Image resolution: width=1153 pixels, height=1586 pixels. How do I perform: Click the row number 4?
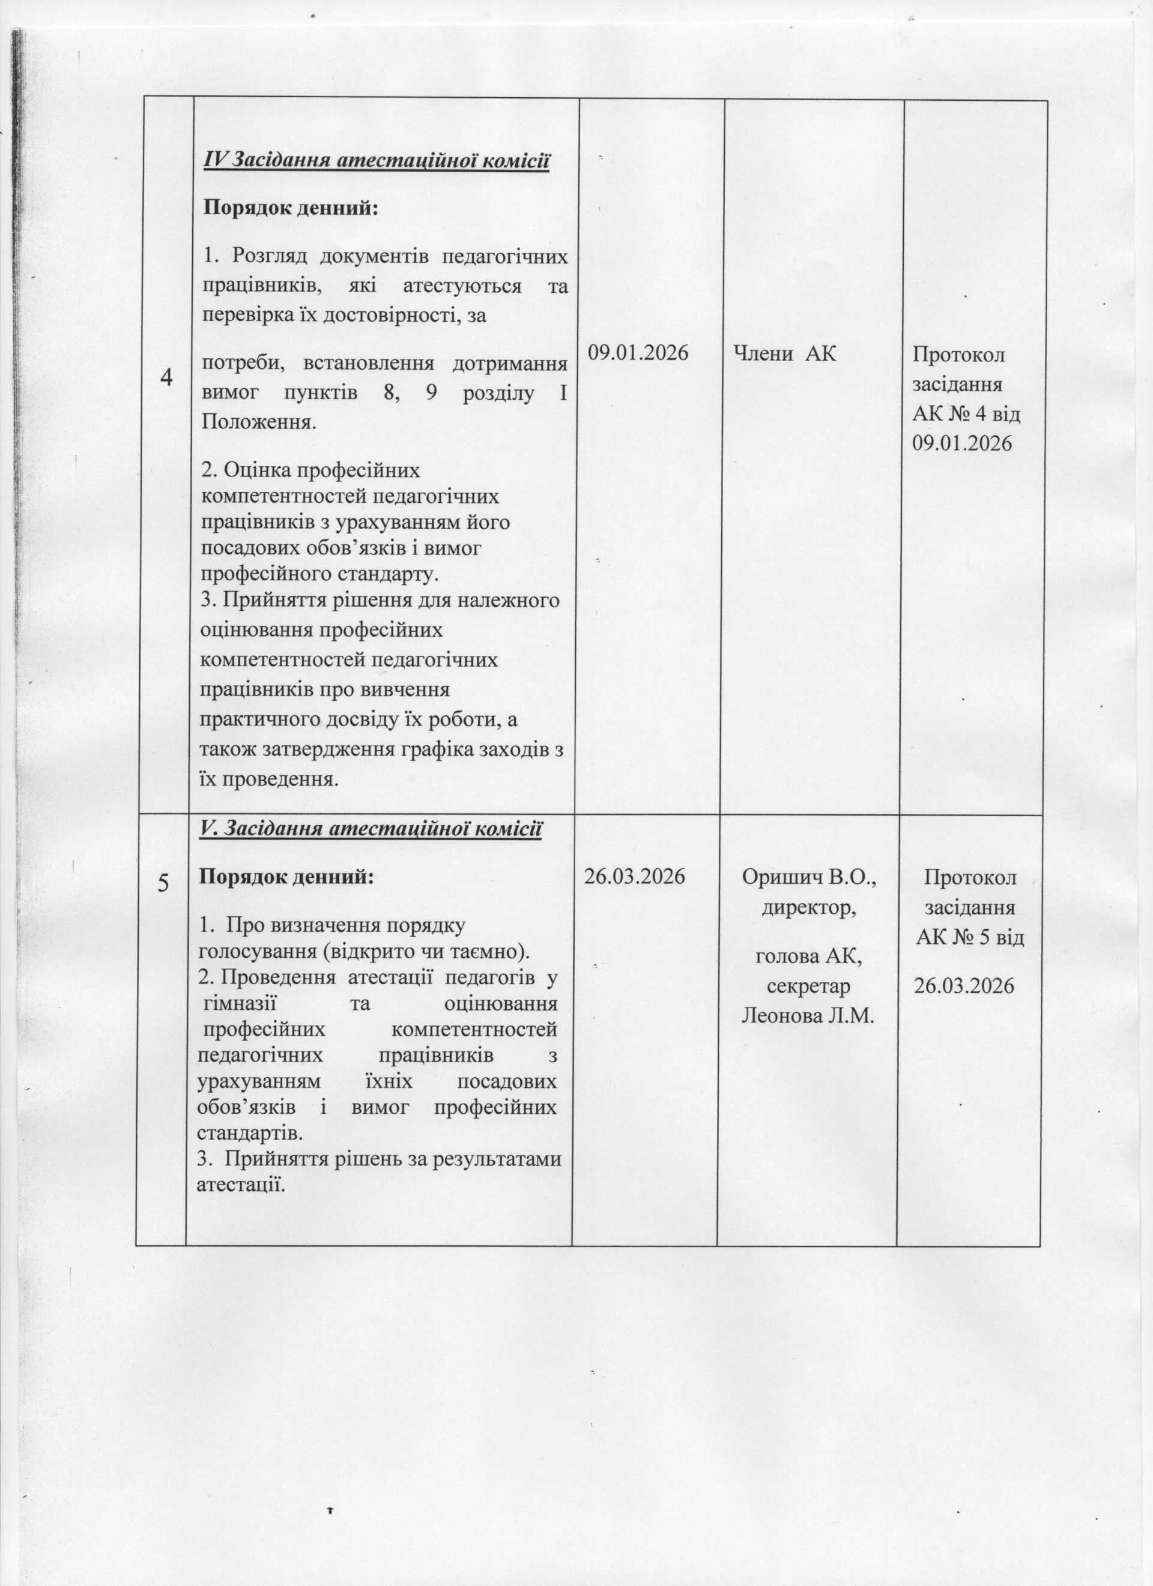(x=166, y=378)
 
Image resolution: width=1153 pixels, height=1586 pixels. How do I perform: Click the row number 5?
(x=163, y=883)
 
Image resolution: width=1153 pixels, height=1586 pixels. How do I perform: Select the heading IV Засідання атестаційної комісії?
(x=376, y=161)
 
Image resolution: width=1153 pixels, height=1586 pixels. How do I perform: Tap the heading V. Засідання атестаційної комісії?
(x=370, y=829)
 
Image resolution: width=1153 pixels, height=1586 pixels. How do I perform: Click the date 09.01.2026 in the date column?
(x=638, y=352)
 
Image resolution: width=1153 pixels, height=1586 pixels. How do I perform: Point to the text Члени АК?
(x=784, y=353)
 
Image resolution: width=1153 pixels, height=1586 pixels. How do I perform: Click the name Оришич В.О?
(x=809, y=878)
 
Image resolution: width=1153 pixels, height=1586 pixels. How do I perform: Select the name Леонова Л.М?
(x=808, y=1014)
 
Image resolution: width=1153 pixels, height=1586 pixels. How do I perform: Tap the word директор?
(x=809, y=908)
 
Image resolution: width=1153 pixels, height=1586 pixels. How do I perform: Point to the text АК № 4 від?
(x=966, y=414)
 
